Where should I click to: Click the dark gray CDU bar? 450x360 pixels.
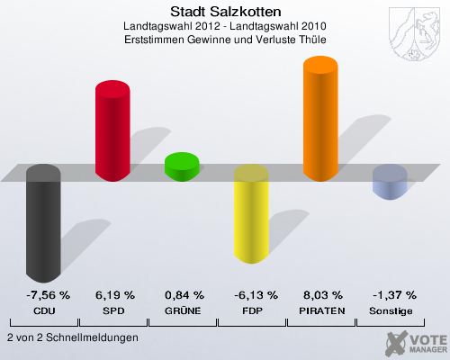(43, 225)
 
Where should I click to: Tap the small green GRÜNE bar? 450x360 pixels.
(182, 166)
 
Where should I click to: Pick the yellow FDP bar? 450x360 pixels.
(251, 216)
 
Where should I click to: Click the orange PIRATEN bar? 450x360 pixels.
(320, 119)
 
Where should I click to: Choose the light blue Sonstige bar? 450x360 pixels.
(390, 182)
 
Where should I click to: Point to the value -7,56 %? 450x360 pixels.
(43, 295)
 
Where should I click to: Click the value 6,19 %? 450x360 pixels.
(114, 295)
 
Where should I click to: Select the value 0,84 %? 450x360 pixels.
(184, 295)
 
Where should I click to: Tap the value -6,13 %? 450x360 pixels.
(252, 295)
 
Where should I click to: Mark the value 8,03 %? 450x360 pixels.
(322, 295)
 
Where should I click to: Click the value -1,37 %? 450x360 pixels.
(391, 295)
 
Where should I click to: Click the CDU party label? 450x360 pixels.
(43, 310)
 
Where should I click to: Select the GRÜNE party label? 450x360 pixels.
(184, 310)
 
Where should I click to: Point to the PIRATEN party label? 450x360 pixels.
(322, 310)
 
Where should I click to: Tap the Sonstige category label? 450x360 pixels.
(391, 310)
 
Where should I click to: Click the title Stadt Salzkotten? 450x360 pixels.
(225, 12)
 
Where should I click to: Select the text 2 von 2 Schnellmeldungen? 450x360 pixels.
(72, 337)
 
